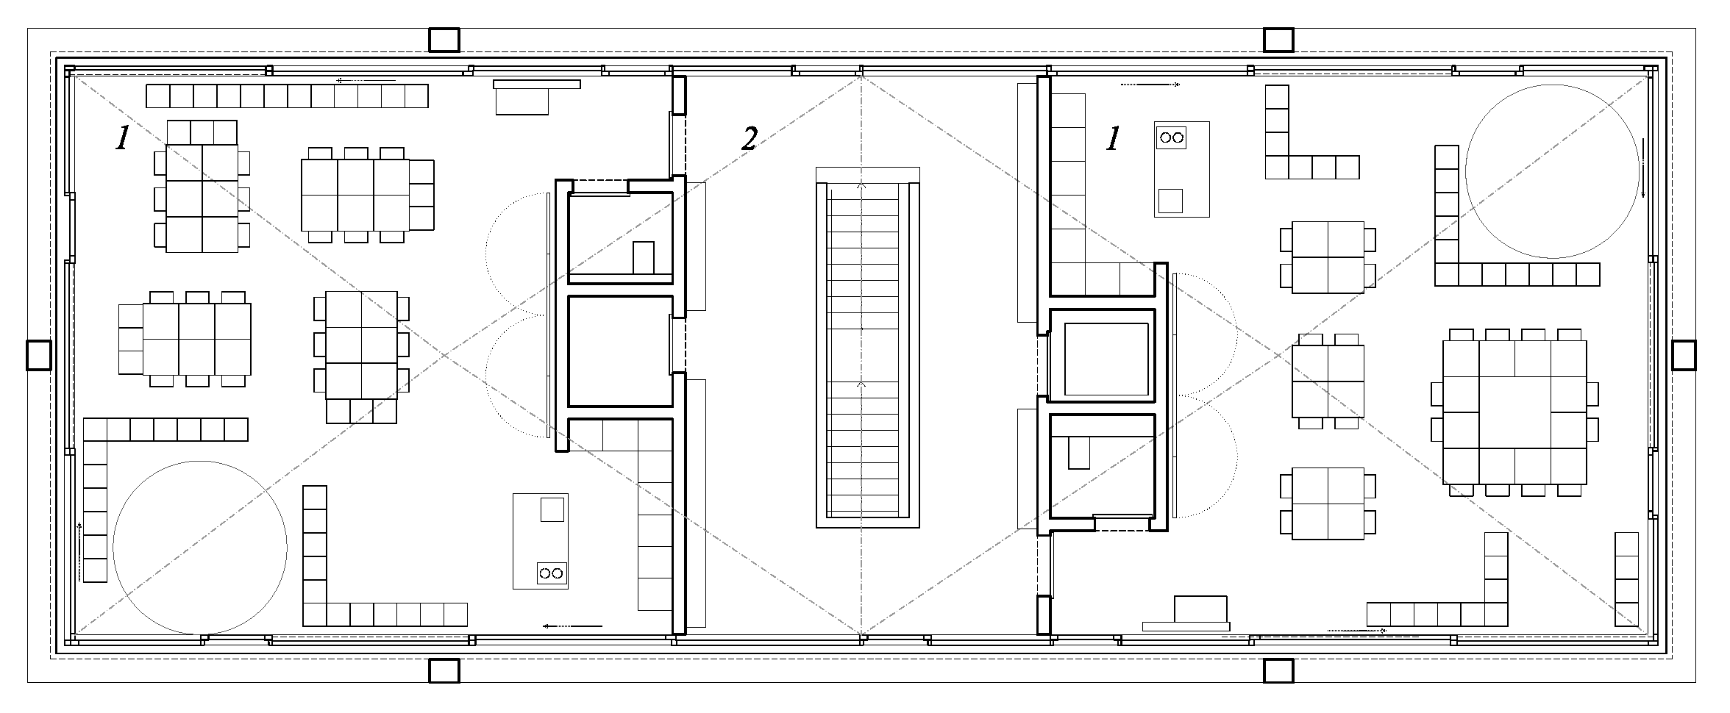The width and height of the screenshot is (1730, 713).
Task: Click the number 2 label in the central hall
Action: point(749,138)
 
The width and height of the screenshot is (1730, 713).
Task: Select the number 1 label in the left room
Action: point(122,138)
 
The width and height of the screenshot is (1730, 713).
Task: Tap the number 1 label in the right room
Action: point(1114,138)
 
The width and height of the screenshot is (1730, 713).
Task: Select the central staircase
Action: point(868,347)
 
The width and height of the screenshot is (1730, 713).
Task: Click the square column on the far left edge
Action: point(39,355)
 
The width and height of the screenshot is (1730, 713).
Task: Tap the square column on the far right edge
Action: point(1684,355)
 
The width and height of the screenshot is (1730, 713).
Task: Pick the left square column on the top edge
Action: point(444,40)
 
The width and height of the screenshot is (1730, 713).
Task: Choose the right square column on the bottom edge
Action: point(1278,670)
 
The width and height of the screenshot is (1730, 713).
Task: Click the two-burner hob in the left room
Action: point(552,573)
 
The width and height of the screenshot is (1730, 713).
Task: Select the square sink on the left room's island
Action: point(552,509)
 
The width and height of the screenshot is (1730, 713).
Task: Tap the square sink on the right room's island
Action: point(1170,201)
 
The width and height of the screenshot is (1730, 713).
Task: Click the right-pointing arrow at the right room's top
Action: point(1150,85)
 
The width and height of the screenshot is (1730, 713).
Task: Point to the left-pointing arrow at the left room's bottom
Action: point(572,626)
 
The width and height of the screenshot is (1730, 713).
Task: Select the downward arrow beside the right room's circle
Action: point(1642,168)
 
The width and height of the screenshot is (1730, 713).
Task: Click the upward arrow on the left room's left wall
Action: point(79,551)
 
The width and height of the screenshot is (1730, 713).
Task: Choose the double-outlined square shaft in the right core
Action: point(1102,356)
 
